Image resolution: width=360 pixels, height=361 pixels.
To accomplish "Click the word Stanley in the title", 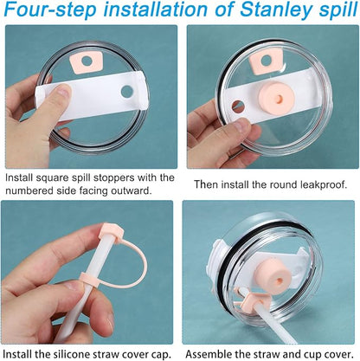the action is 276,10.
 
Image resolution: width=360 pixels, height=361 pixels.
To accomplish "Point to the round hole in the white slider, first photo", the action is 127,91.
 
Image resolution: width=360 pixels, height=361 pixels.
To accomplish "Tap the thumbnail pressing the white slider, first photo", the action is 64,92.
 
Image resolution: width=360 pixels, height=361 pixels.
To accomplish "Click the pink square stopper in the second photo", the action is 265,62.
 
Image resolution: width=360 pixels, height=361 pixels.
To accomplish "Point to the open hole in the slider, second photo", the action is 238,106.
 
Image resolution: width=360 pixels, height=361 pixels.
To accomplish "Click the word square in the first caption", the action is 54,178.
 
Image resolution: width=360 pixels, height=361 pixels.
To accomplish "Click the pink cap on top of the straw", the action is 111,232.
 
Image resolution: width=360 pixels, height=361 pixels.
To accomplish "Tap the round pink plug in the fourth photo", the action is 272,276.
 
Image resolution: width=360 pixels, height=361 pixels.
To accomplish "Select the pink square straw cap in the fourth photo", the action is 253,301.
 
